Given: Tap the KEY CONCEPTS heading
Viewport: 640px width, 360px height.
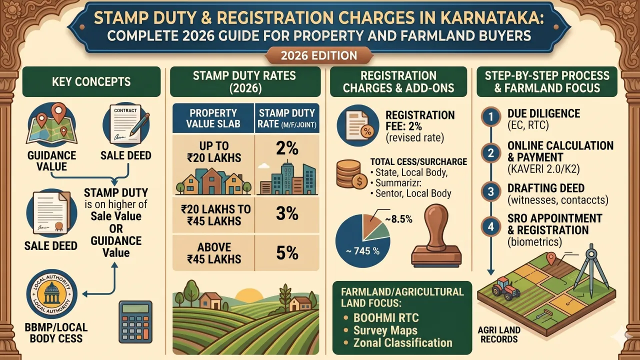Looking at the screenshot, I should (x=91, y=81).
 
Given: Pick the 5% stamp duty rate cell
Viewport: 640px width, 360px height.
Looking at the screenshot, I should (x=287, y=252).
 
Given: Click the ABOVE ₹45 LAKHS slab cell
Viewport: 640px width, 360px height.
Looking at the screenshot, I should (x=214, y=253).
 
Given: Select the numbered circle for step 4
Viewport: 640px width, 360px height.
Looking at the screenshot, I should (x=490, y=226).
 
